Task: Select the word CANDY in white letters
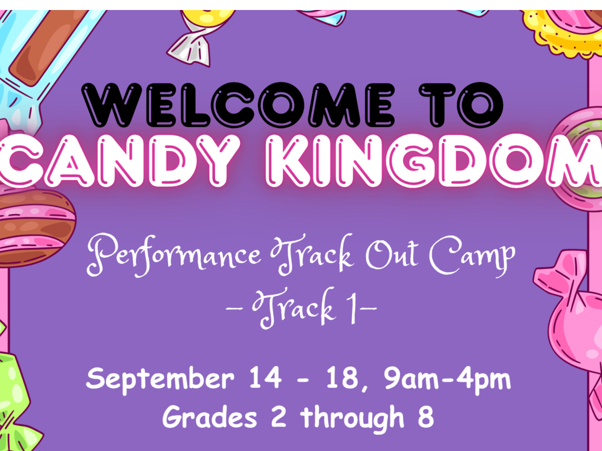[x=118, y=161]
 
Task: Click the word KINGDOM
[x=433, y=161]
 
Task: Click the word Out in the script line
[x=392, y=255]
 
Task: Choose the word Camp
[x=472, y=256]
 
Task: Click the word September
[x=161, y=380]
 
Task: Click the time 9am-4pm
[x=447, y=380]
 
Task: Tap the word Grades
[x=210, y=418]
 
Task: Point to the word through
[x=352, y=419]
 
